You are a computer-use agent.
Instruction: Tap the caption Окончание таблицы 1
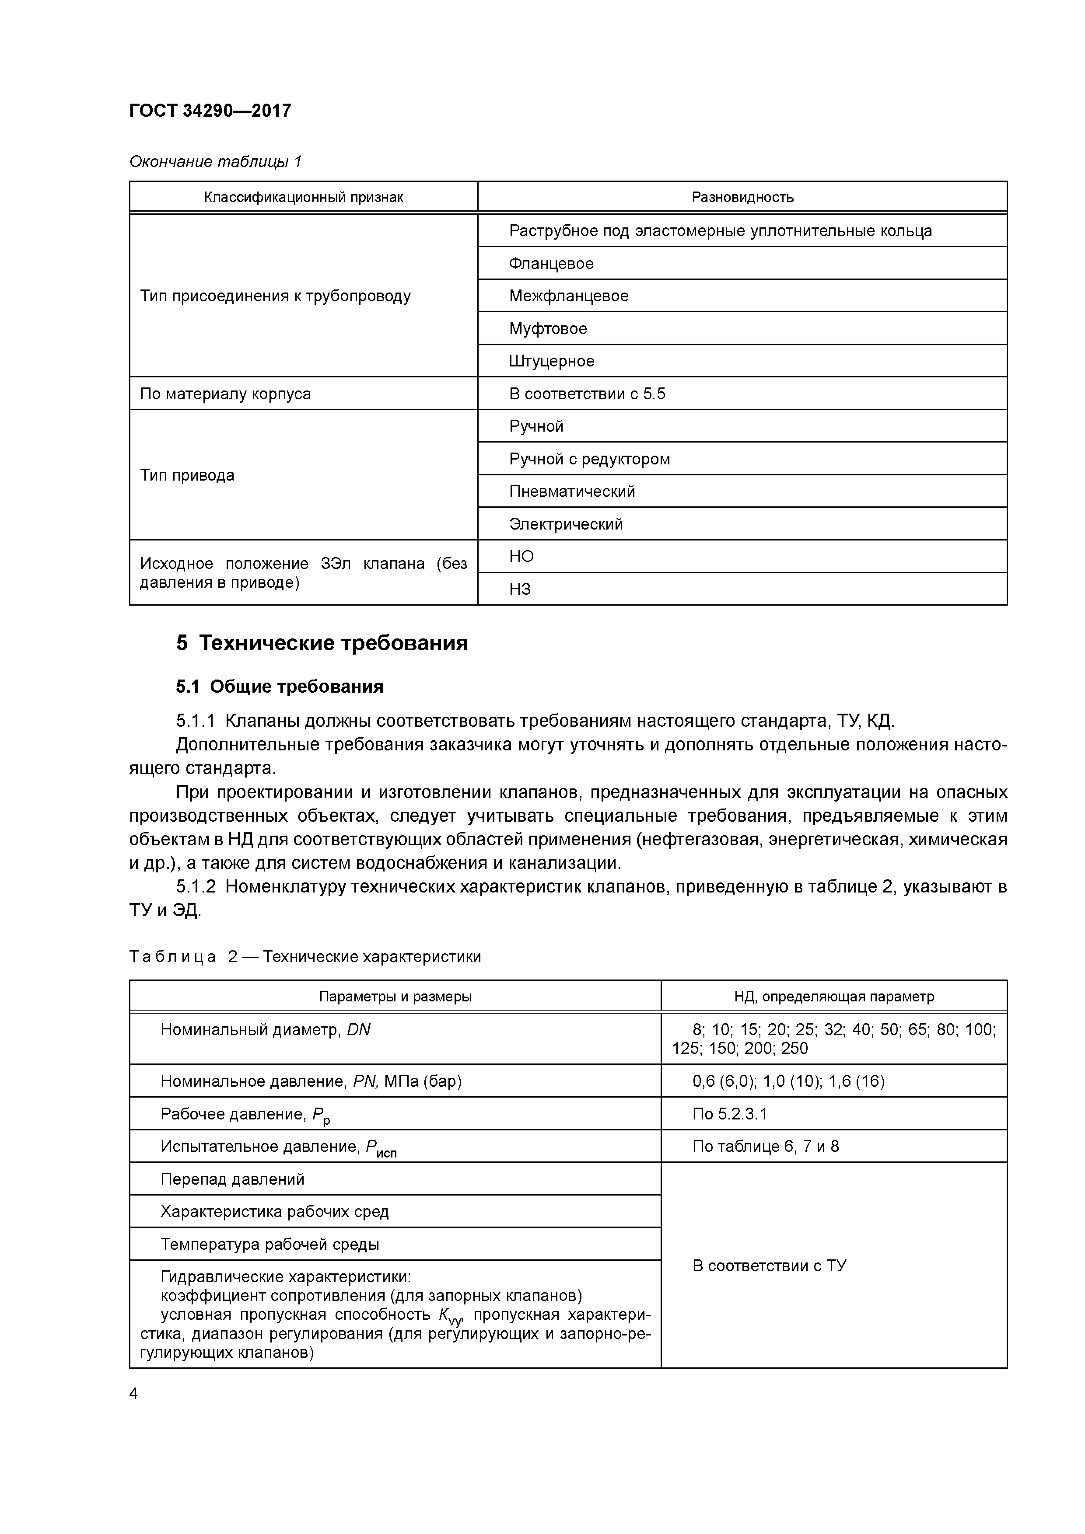tap(215, 162)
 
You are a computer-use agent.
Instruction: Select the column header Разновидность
tap(742, 197)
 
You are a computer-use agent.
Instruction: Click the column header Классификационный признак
tap(304, 197)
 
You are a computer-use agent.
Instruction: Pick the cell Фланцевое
tap(551, 263)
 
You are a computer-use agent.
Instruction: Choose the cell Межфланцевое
tap(568, 296)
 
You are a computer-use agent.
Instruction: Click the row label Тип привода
tap(187, 476)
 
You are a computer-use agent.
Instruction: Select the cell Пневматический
tap(571, 492)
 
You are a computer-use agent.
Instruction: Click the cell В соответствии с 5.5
tap(587, 394)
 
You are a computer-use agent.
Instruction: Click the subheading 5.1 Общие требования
tap(280, 687)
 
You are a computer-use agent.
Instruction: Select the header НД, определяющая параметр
tap(833, 997)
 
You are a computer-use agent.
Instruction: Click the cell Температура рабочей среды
tap(269, 1244)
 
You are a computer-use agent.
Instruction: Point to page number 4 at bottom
tap(134, 1394)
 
